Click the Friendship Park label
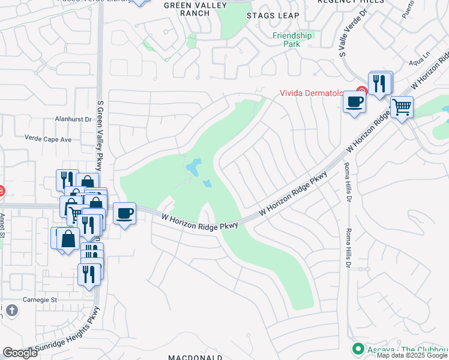coord(292,40)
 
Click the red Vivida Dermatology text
coord(312,93)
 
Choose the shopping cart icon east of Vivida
coord(402,108)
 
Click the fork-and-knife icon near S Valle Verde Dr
coord(379,83)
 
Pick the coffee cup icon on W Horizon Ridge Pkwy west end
coord(124,214)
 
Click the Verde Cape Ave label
coord(48,139)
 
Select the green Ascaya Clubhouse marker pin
coord(358,348)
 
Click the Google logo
coord(20,353)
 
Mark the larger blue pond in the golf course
coord(194,166)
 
